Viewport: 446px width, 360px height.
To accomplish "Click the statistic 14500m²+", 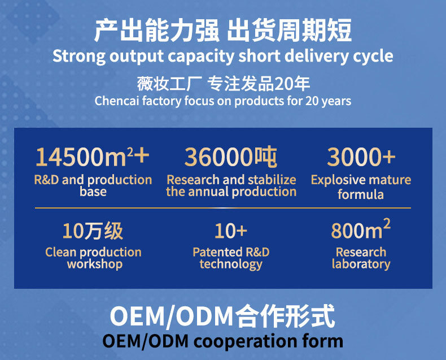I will point(93,157).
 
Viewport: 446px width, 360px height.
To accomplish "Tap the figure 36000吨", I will point(230,157).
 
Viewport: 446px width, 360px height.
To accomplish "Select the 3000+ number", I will point(361,157).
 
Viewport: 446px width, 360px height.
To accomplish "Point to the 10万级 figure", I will point(93,231).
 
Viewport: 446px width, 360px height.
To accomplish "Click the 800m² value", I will point(361,230).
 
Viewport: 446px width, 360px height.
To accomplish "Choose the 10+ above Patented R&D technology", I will point(230,231).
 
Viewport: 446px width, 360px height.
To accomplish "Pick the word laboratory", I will point(361,264).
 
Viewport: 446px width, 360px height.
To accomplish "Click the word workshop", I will point(94,264).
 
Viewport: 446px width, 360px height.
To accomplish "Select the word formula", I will point(361,194).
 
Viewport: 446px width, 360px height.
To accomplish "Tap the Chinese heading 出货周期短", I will point(289,31).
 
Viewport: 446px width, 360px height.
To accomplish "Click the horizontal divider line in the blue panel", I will point(223,208).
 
